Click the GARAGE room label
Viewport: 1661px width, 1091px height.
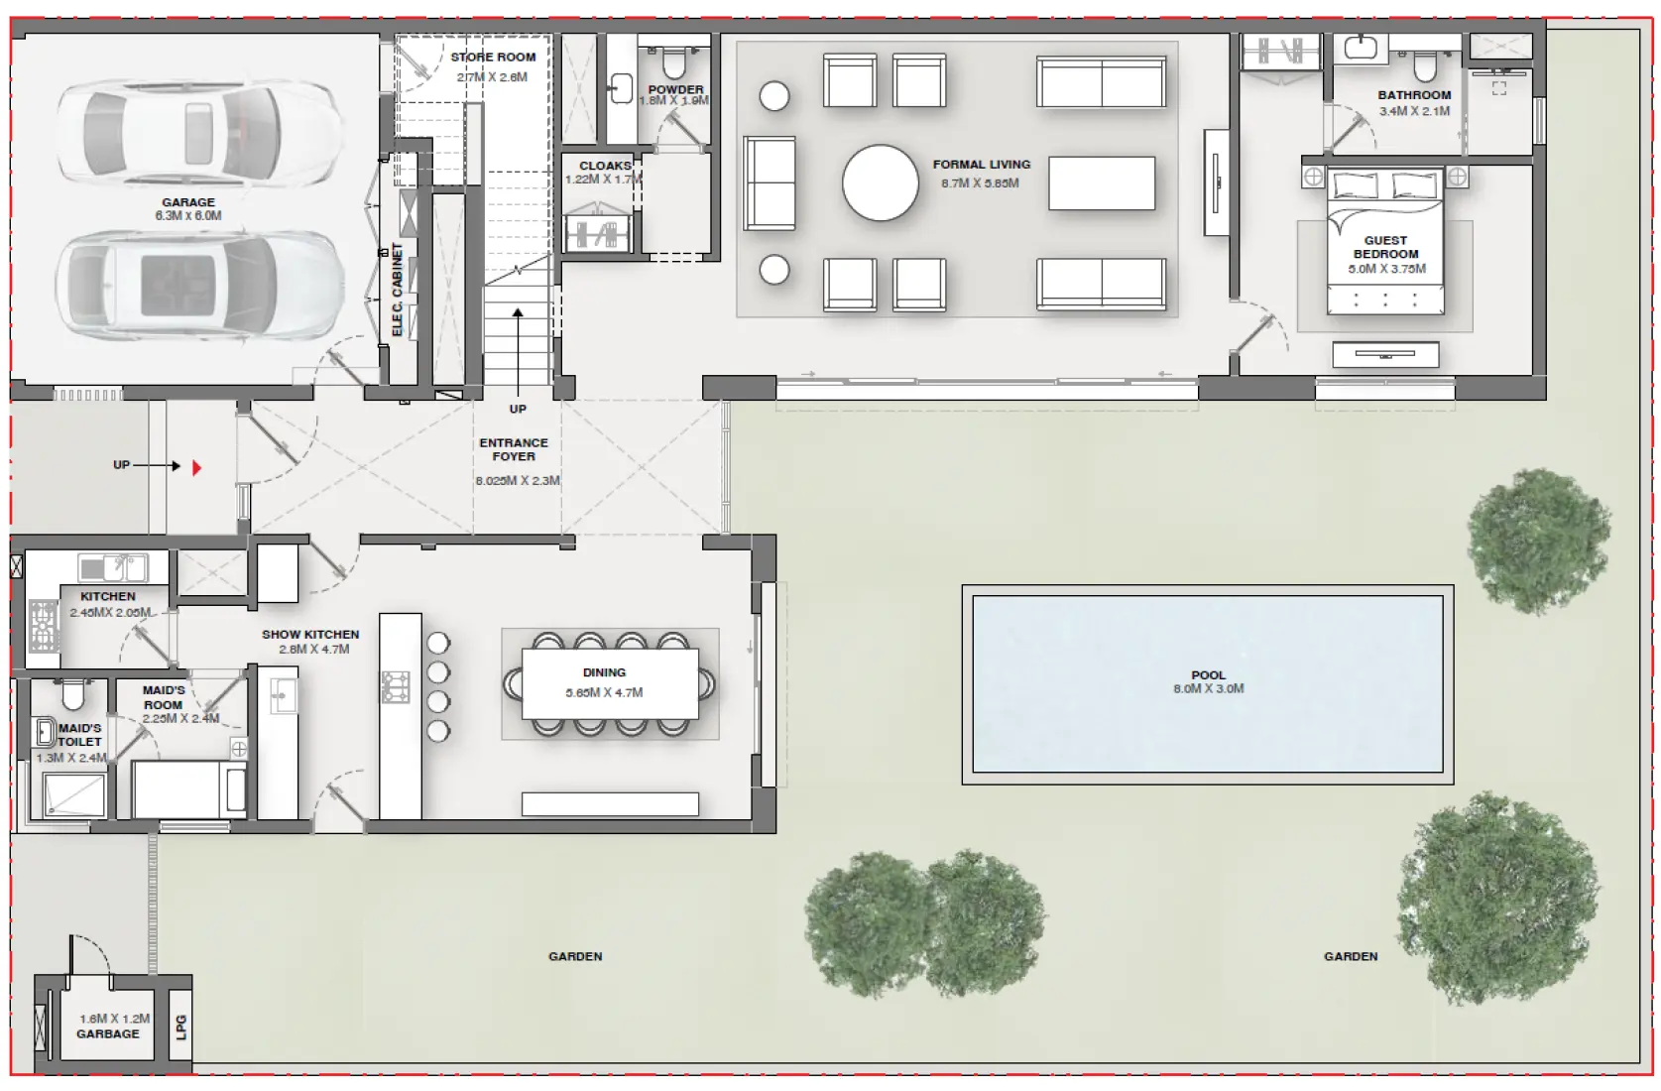(x=188, y=202)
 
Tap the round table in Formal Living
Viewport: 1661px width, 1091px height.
(x=881, y=182)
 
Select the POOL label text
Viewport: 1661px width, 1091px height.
(x=1208, y=675)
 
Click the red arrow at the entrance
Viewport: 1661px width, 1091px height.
(x=196, y=467)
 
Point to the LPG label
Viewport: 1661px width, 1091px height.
(x=180, y=1028)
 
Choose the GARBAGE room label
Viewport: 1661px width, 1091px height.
(x=108, y=1033)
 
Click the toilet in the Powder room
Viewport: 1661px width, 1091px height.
(x=674, y=64)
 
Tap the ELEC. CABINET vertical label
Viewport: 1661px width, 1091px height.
(x=398, y=290)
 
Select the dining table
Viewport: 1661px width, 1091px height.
(x=610, y=683)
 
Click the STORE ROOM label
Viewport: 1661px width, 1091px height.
(x=493, y=58)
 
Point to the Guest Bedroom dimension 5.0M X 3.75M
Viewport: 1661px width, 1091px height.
(x=1386, y=269)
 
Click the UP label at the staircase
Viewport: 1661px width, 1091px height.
(x=518, y=409)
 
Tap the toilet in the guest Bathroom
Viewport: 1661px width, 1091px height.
(x=1425, y=66)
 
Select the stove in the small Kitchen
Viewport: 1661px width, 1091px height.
(x=44, y=625)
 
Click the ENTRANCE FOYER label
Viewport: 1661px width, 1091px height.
(x=514, y=449)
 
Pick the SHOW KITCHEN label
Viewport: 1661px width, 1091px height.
(x=310, y=635)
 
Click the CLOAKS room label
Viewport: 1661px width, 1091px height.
(x=605, y=166)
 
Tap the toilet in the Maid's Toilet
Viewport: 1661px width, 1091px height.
(x=70, y=694)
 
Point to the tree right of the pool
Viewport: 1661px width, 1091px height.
(x=1538, y=542)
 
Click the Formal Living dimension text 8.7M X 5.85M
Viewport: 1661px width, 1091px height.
(x=981, y=183)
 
